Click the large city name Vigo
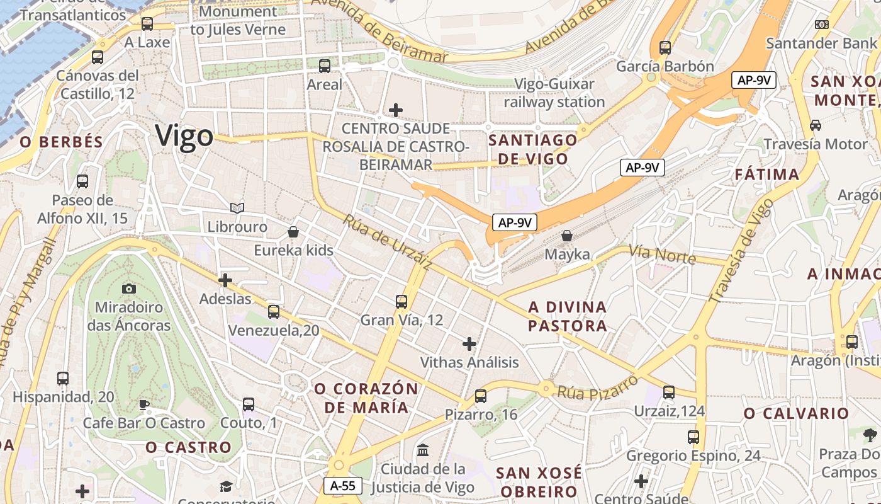[x=184, y=137]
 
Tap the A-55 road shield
[x=343, y=486]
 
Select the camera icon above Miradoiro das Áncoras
[x=129, y=289]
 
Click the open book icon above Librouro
[x=237, y=208]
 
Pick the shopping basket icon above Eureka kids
[x=293, y=232]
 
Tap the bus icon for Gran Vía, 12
[x=401, y=301]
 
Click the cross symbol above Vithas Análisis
[x=469, y=344]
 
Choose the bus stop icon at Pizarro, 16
[x=481, y=396]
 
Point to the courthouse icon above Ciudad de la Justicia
[x=423, y=450]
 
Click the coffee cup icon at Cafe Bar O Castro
[x=144, y=404]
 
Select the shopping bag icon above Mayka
[x=567, y=236]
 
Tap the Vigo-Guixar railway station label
[x=554, y=93]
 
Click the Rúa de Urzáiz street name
[x=386, y=242]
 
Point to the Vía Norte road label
[x=662, y=255]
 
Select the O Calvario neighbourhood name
[x=796, y=413]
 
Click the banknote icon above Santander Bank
[x=821, y=25]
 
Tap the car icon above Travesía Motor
[x=816, y=125]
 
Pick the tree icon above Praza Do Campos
[x=870, y=434]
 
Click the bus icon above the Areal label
[x=325, y=66]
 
